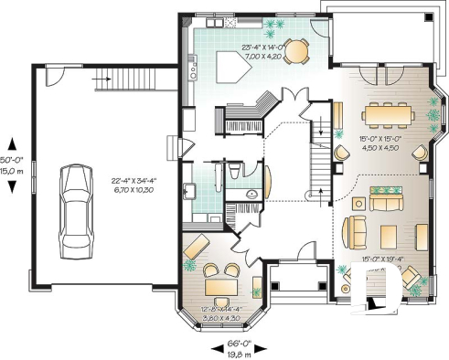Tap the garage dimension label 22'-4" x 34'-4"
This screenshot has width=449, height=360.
tap(138, 185)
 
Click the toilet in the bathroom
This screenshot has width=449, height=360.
tap(234, 171)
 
